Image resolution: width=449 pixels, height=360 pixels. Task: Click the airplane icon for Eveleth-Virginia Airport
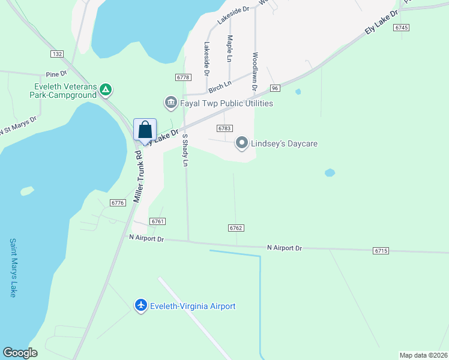tap(141, 305)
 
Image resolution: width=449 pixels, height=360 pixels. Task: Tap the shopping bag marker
tap(145, 129)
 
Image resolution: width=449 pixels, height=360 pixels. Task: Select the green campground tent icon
tap(106, 90)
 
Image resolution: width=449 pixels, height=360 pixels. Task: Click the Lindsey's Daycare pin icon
tap(242, 143)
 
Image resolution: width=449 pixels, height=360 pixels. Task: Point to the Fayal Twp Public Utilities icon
tap(170, 103)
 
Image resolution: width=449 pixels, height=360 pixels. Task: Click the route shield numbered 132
tap(57, 54)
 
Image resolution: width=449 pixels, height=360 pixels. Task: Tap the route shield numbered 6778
tap(183, 77)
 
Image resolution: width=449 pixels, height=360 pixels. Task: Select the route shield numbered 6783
tap(224, 128)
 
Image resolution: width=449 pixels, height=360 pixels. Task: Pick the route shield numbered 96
tap(275, 88)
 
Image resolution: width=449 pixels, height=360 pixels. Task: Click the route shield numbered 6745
tap(402, 28)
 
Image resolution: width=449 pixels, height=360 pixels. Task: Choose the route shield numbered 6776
tap(118, 203)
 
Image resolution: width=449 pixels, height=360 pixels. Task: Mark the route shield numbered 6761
tap(158, 221)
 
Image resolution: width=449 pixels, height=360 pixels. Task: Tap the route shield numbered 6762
tap(236, 228)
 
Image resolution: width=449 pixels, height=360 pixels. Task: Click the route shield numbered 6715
tap(381, 250)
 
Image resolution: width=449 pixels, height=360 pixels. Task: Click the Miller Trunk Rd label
tap(137, 175)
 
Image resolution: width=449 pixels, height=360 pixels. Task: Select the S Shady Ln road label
tap(185, 150)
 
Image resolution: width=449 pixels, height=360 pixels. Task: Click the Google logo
tap(20, 353)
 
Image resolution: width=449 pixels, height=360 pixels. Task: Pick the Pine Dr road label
tap(55, 74)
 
